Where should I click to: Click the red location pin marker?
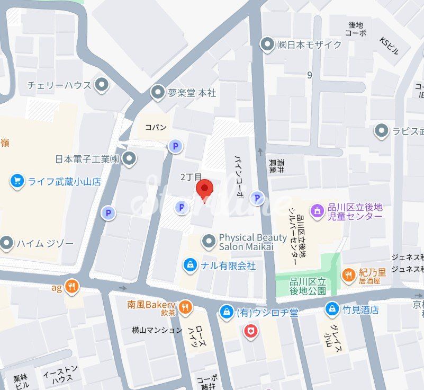pos(204,189)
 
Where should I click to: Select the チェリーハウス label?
pos(59,85)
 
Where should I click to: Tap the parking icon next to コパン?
pos(174,146)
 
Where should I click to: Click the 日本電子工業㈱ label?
pos(88,158)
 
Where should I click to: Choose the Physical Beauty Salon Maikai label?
pos(252,242)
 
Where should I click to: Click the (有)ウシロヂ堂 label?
pos(267,312)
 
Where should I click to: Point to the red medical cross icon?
pos(249,332)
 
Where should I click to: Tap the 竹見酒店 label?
pos(361,310)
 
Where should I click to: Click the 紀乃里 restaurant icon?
pos(348,274)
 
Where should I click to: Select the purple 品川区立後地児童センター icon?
pos(318,210)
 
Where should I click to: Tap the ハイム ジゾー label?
pos(45,244)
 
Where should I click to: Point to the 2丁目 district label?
pos(191,176)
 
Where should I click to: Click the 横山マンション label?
pos(157,330)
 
